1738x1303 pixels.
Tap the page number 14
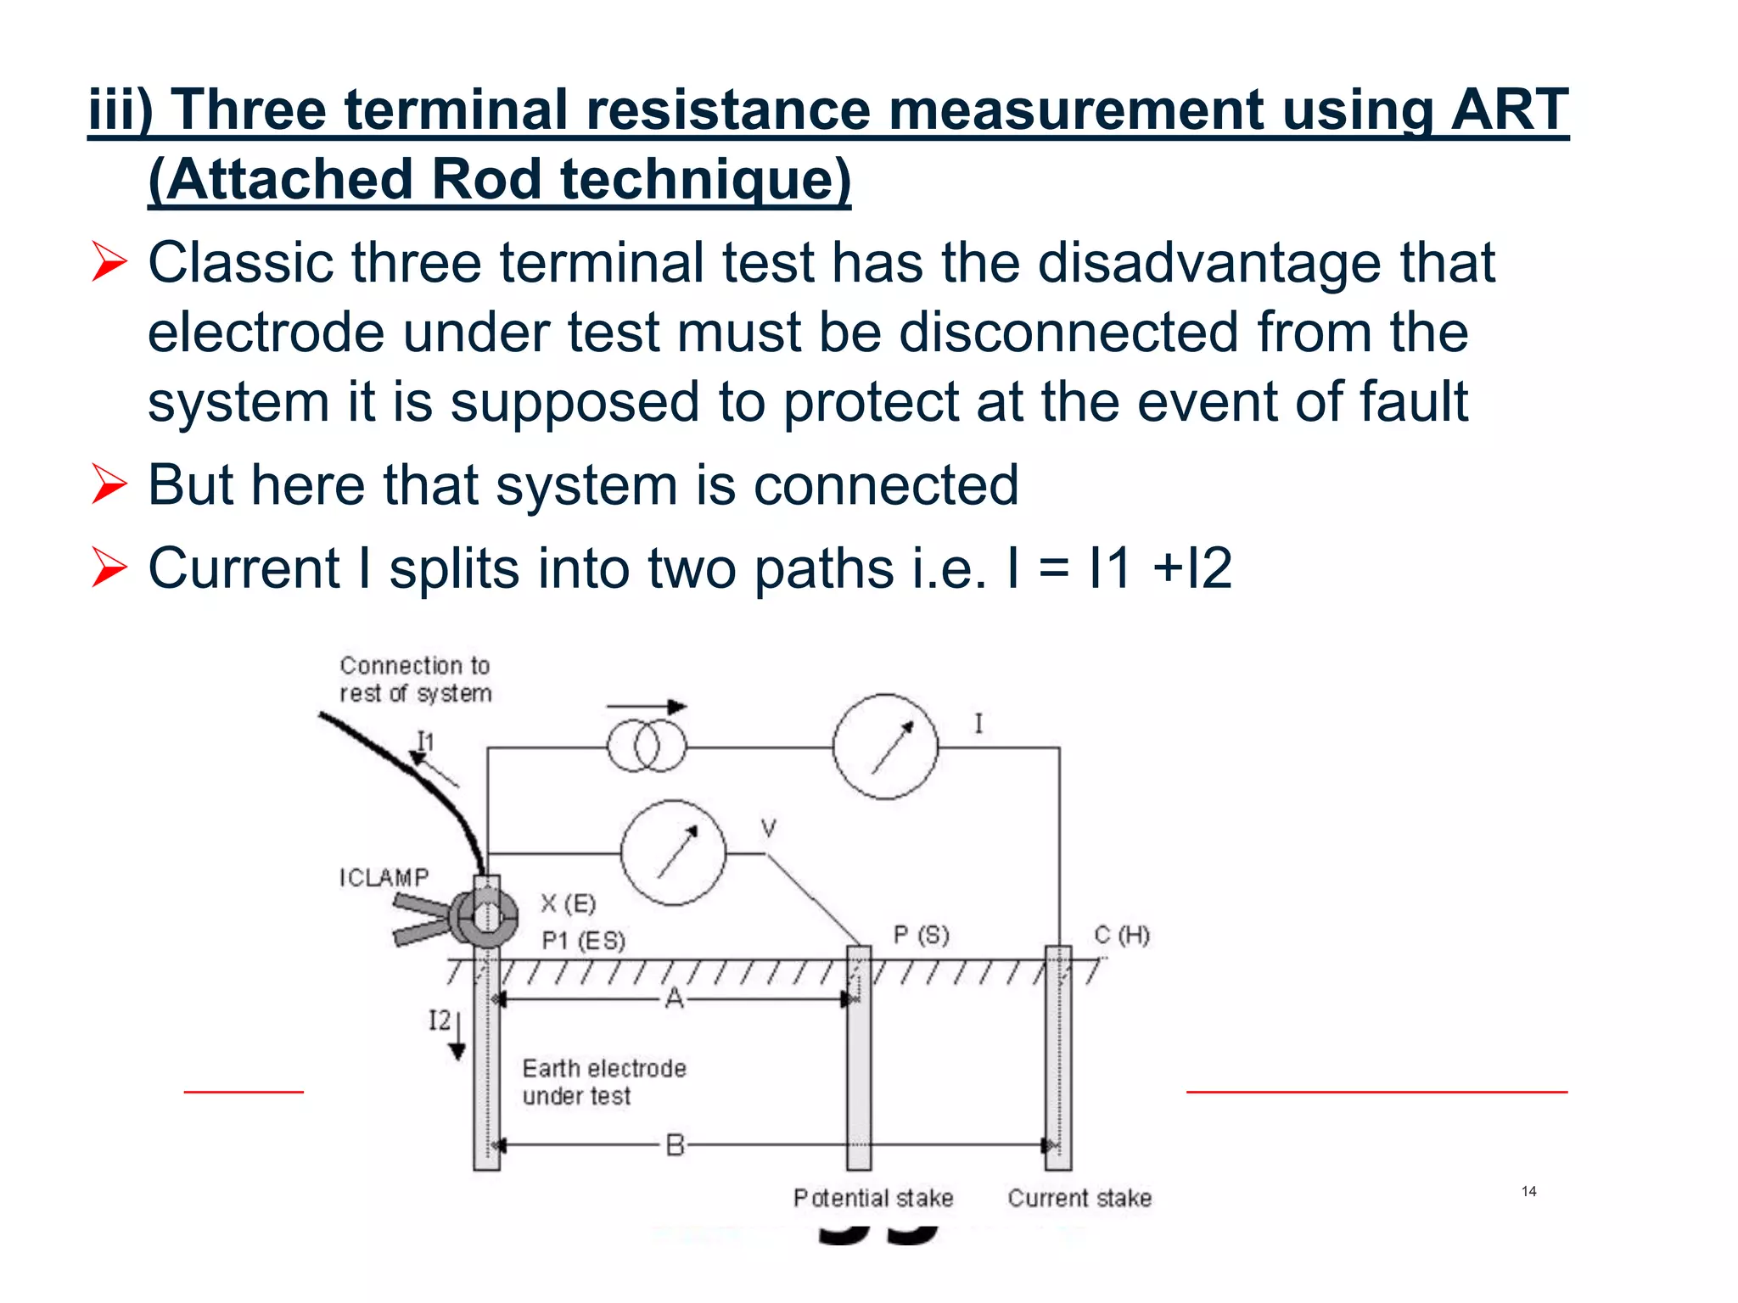click(1528, 1191)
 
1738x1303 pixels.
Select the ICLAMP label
click(384, 877)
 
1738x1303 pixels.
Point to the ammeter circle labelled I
click(885, 747)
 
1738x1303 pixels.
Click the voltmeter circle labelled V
click(673, 853)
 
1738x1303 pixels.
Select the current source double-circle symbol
click(647, 747)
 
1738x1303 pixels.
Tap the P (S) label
click(921, 935)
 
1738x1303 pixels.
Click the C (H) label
click(1121, 935)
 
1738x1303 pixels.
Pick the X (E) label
click(569, 903)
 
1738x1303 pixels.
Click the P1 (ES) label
click(583, 941)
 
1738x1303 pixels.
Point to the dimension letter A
click(674, 998)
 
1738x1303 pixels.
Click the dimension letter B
click(675, 1145)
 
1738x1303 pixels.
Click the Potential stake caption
click(873, 1198)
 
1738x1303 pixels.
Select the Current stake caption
click(1079, 1198)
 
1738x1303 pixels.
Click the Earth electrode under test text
click(603, 1082)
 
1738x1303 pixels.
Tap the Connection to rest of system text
click(415, 679)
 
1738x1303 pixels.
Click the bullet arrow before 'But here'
click(109, 484)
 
